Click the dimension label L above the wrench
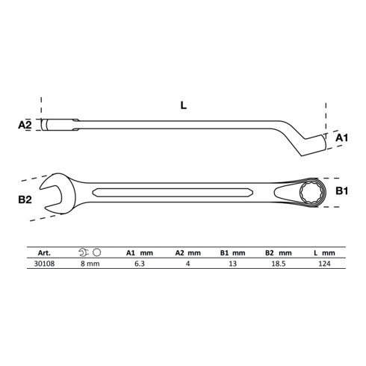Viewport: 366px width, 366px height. point(183,105)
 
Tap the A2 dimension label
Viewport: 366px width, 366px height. point(25,125)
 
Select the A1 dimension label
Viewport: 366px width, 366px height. point(341,137)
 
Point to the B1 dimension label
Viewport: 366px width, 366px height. point(341,191)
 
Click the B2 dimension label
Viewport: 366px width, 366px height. point(25,199)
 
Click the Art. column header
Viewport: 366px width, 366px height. point(44,253)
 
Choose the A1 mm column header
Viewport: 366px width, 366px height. point(140,253)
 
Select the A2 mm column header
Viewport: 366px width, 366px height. point(188,253)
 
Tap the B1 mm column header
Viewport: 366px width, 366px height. point(232,253)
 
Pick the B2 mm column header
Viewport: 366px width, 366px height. point(279,253)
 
